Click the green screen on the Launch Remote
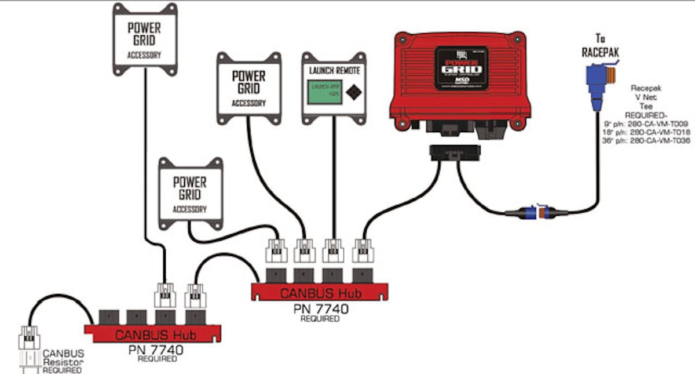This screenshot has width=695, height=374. (x=323, y=92)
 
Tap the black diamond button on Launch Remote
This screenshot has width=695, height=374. (x=351, y=91)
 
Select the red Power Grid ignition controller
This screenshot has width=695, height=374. (x=463, y=82)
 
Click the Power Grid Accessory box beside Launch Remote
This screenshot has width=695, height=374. (x=248, y=87)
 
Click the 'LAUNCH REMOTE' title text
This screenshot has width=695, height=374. (x=334, y=70)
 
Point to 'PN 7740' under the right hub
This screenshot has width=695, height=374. (x=320, y=308)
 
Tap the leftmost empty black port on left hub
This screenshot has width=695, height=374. (x=109, y=317)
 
